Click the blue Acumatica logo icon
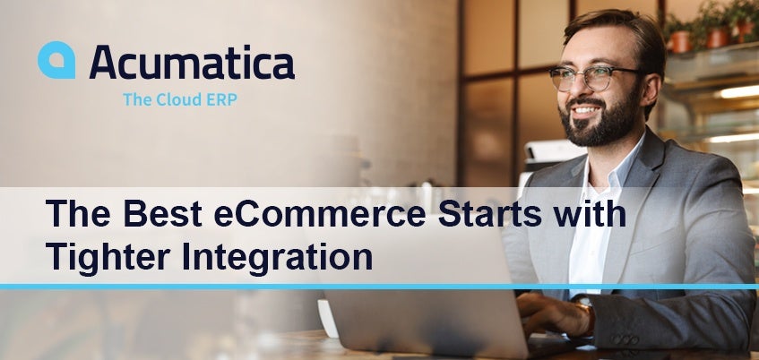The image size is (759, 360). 56,60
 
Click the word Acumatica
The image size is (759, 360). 192,62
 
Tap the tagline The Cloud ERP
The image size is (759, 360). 180,99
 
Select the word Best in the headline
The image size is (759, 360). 162,213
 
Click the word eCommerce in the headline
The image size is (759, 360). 320,213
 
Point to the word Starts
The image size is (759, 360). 490,213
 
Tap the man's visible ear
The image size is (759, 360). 651,88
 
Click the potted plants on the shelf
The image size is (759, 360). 712,27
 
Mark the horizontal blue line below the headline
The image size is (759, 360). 380,287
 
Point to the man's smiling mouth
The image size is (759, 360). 585,110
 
